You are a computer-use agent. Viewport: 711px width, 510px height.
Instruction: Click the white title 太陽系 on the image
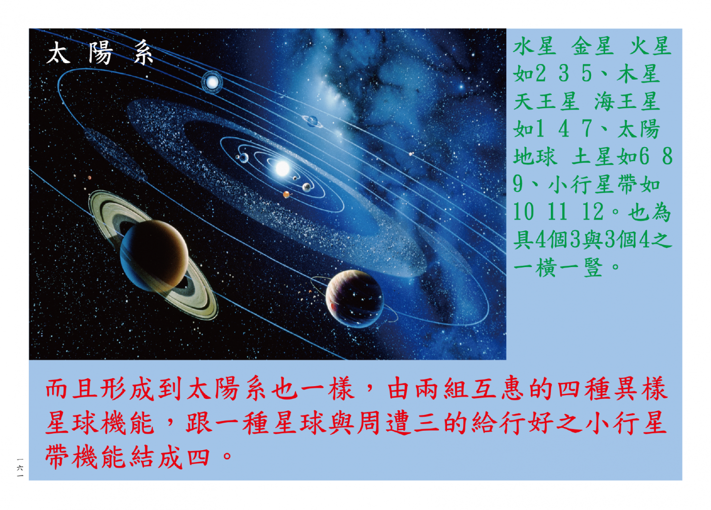100,53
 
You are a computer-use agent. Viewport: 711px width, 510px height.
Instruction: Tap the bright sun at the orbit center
282,168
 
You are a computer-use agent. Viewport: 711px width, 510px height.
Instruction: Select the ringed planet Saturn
153,255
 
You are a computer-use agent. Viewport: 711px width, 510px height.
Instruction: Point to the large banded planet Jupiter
355,299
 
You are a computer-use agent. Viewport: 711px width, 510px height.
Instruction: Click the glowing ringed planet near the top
212,82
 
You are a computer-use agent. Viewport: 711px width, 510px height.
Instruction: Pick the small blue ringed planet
312,121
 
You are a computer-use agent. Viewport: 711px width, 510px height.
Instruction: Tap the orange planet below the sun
286,195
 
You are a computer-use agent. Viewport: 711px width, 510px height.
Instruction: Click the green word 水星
535,46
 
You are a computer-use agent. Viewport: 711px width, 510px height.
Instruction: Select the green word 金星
592,46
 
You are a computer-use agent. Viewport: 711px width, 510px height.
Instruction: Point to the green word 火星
650,46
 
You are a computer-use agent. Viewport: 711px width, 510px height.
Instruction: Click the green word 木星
638,74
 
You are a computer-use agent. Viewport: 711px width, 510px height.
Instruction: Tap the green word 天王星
546,102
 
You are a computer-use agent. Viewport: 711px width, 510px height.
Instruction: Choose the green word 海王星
627,102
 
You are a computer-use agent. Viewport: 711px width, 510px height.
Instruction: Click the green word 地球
535,157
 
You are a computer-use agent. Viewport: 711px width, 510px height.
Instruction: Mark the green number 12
592,212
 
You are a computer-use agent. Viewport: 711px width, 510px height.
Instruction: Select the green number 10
524,212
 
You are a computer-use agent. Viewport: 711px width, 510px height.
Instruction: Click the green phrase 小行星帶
593,184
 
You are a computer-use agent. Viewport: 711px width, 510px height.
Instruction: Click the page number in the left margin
20,467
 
